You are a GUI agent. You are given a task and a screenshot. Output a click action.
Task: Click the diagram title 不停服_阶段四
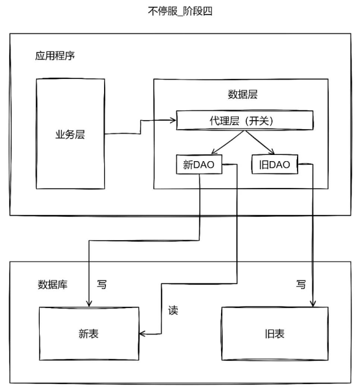click(x=180, y=11)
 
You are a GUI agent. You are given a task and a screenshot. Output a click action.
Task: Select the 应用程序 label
click(x=55, y=56)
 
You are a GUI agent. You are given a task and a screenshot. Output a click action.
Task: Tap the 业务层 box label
click(x=70, y=135)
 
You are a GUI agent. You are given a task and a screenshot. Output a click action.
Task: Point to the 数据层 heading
click(x=242, y=94)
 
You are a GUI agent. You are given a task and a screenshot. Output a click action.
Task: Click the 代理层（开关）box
click(x=244, y=120)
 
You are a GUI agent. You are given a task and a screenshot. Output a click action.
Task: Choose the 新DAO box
click(x=199, y=164)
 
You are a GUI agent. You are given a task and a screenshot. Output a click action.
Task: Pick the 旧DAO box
click(x=274, y=164)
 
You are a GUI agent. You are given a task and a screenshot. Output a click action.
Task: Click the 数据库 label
click(x=53, y=284)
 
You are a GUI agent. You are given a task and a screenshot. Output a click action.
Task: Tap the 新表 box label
click(x=89, y=334)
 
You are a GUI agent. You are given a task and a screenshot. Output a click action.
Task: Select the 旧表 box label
click(x=275, y=334)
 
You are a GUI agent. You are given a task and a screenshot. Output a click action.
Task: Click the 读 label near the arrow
click(x=173, y=311)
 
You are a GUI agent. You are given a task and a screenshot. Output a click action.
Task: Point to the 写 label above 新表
click(x=102, y=284)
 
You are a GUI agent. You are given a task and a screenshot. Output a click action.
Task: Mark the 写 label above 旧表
click(x=301, y=284)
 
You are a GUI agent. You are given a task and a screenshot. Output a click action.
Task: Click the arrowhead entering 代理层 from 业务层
click(x=173, y=120)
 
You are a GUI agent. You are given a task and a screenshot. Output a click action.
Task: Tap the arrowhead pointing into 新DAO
click(x=214, y=152)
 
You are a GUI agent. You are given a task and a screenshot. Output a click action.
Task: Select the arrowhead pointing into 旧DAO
click(x=272, y=152)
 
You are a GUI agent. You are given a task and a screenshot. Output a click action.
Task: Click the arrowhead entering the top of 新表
click(x=89, y=304)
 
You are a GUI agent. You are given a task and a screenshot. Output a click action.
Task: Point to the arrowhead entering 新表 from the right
click(x=142, y=334)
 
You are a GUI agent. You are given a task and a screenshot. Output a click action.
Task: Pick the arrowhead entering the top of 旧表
click(x=313, y=304)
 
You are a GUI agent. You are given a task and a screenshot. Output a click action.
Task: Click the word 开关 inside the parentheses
click(x=258, y=121)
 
